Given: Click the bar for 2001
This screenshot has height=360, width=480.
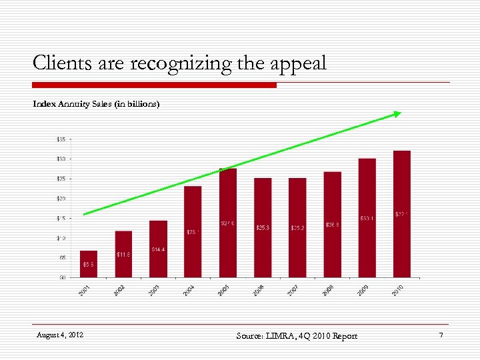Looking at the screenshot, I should (89, 264).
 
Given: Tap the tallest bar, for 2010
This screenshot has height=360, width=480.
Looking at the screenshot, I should (402, 214).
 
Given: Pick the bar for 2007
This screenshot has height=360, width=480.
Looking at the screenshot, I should (297, 227).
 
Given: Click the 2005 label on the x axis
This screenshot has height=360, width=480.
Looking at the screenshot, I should (225, 290).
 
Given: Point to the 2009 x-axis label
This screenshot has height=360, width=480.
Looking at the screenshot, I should (364, 290).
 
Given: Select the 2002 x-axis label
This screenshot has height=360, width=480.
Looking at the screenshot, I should (121, 290).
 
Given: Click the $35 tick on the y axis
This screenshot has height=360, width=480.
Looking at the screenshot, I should (61, 139).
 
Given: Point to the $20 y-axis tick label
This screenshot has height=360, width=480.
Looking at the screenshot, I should (61, 199).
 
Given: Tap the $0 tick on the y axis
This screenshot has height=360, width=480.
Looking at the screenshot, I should (62, 277).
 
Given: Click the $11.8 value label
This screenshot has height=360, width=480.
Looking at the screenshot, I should (123, 254).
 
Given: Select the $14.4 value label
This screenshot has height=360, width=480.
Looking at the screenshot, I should (158, 249).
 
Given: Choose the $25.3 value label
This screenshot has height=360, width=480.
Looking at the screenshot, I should (263, 227).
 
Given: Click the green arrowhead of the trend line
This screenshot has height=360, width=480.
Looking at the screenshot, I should (397, 115).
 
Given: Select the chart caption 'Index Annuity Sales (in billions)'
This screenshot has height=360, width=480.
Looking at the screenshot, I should (97, 104).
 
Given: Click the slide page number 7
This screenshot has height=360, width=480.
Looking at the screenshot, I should (441, 334).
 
